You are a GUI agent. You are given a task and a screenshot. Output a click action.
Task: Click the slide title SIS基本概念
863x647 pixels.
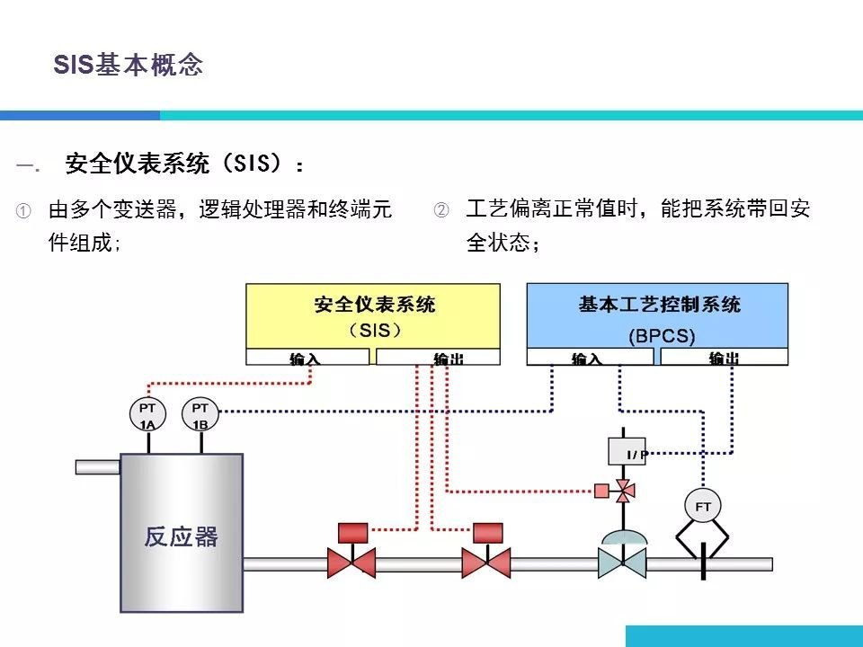(x=129, y=65)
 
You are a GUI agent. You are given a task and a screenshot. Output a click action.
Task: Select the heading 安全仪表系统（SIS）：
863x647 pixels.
(x=185, y=164)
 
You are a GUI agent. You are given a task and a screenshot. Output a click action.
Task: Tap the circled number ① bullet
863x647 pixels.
(x=23, y=211)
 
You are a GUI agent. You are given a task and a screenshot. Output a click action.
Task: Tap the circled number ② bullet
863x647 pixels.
(x=440, y=211)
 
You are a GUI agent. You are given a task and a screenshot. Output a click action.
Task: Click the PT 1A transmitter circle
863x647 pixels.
(x=147, y=415)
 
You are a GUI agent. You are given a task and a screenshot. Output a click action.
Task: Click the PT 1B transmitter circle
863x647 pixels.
(x=200, y=415)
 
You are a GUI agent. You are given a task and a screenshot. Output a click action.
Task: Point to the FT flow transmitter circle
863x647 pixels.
(x=703, y=507)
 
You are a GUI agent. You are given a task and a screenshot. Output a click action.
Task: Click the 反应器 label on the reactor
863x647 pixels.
(x=181, y=536)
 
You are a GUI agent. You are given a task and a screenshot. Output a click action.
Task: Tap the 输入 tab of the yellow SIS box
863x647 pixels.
(x=307, y=358)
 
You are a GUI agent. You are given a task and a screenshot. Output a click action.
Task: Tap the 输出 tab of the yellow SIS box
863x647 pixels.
(x=438, y=358)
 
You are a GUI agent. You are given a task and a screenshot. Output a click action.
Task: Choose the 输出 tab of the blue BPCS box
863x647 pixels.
(x=724, y=358)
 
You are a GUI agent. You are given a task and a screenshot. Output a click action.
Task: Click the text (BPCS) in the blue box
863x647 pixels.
(x=662, y=336)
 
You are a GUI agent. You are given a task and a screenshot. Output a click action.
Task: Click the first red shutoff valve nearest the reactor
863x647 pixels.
(x=351, y=562)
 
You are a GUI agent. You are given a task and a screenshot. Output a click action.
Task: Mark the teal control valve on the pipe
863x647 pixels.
(x=622, y=562)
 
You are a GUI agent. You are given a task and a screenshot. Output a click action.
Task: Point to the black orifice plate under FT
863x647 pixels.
(x=703, y=563)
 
